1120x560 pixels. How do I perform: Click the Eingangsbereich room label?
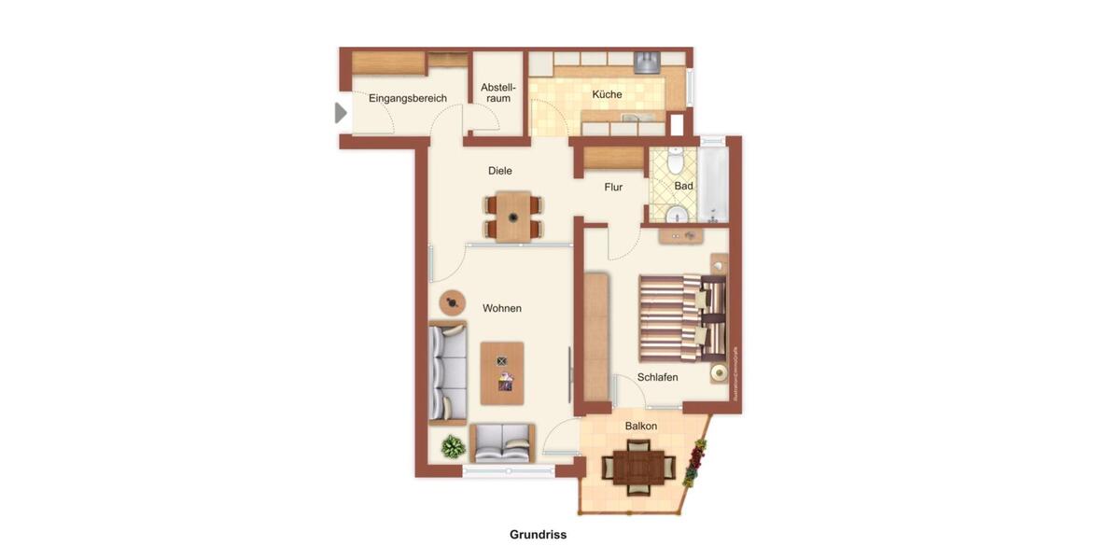tap(407, 98)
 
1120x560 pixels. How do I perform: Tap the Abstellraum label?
tap(497, 92)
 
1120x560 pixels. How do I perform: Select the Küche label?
tap(607, 94)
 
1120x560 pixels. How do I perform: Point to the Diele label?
tap(500, 171)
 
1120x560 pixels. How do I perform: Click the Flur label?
tap(613, 188)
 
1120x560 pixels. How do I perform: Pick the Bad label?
tap(684, 186)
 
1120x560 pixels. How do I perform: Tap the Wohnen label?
tap(502, 308)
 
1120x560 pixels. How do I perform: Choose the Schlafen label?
tap(657, 377)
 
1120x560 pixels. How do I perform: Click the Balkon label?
tap(641, 426)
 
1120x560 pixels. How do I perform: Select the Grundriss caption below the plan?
tap(538, 535)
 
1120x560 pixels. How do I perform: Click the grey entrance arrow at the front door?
tap(341, 113)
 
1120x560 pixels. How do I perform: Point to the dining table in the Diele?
tap(513, 217)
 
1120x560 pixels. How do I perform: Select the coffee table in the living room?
tap(502, 372)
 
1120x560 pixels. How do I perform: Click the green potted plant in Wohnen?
tap(454, 447)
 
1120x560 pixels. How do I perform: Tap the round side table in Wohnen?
tap(454, 301)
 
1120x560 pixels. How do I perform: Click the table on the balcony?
tap(638, 465)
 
